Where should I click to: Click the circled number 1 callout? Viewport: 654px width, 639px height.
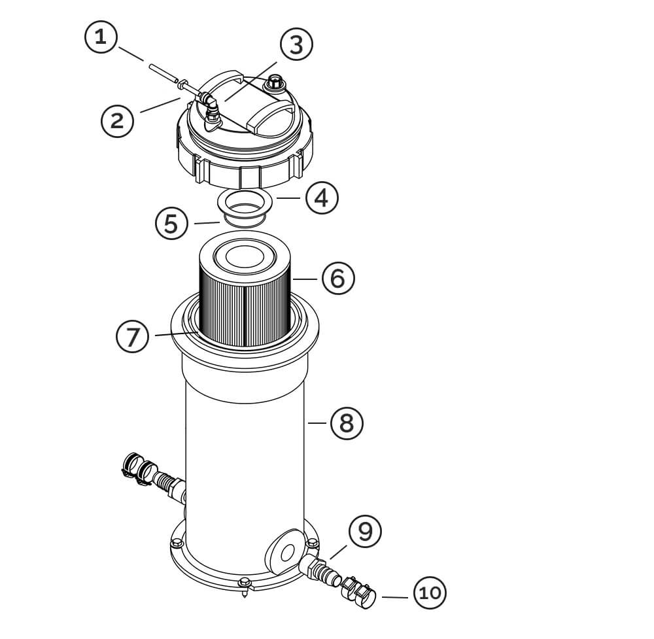101,37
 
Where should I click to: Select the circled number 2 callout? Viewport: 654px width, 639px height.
118,121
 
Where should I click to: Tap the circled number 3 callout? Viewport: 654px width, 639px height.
296,44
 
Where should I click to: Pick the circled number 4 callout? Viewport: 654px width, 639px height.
322,198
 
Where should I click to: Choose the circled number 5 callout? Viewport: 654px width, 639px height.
172,223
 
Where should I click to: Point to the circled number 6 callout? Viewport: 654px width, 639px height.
338,278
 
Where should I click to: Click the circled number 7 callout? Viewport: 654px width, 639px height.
133,336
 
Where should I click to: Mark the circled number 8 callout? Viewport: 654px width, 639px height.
347,423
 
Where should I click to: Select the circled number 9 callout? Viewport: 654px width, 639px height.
366,531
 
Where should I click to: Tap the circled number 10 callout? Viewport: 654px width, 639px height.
430,593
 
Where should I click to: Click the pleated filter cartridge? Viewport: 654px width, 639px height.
245,294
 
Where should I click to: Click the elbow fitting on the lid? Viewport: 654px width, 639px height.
211,108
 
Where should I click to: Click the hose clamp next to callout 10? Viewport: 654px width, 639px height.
358,591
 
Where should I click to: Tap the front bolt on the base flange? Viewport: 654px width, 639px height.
245,582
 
